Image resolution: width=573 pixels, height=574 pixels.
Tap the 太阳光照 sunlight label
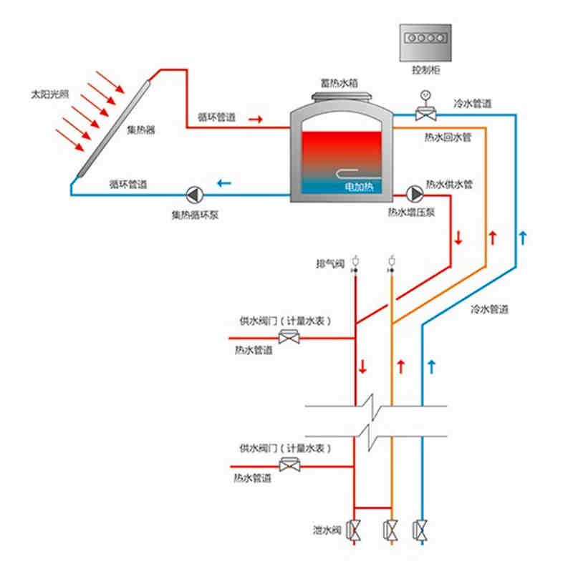click(48, 94)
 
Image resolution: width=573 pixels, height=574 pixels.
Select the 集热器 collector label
click(141, 130)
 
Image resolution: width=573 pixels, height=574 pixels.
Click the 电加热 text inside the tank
click(357, 186)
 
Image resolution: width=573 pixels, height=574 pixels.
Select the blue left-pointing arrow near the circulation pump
click(225, 184)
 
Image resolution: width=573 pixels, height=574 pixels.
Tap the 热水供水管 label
click(449, 184)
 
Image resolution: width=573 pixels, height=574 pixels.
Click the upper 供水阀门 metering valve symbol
click(290, 336)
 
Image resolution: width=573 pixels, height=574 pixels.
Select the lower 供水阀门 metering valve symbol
click(290, 466)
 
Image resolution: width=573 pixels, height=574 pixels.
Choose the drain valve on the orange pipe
click(391, 530)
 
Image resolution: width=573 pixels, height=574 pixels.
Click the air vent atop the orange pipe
click(391, 261)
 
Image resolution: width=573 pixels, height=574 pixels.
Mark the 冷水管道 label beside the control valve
click(472, 104)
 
